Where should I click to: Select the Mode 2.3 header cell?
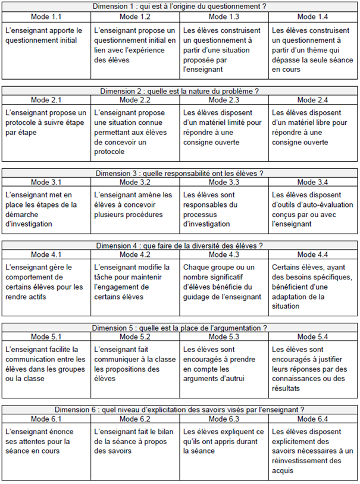click(224, 99)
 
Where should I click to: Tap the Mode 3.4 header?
click(314, 181)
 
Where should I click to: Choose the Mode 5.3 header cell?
click(224, 337)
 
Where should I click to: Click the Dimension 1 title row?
click(180, 6)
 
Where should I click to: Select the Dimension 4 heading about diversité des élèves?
click(180, 246)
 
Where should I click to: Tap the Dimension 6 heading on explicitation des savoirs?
click(180, 410)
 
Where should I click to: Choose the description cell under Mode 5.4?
click(314, 367)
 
